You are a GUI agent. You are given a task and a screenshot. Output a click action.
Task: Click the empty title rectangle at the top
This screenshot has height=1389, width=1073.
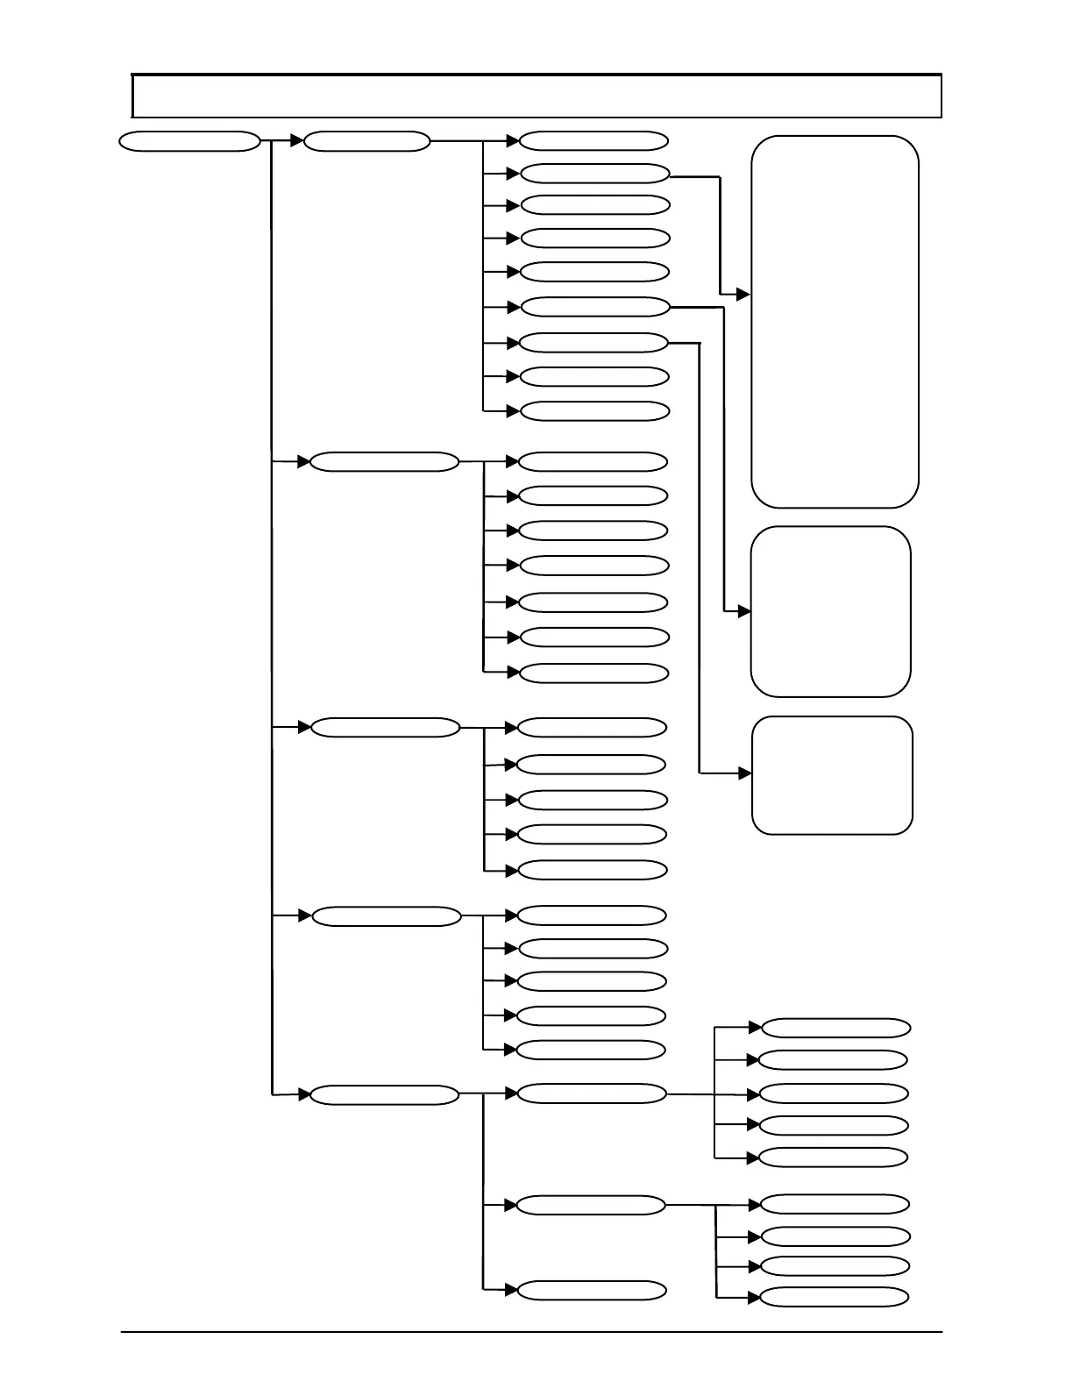pyautogui.click(x=536, y=96)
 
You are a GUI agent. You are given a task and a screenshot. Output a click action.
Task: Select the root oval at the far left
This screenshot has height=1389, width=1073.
pyautogui.click(x=189, y=141)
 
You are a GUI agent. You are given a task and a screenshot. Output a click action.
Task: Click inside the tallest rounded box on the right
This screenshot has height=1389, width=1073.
pyautogui.click(x=835, y=322)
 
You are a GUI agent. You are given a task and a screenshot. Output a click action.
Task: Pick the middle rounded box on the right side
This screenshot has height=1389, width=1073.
pyautogui.click(x=830, y=611)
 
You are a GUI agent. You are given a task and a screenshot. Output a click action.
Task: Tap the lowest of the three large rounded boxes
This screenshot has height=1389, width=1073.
pyautogui.click(x=832, y=775)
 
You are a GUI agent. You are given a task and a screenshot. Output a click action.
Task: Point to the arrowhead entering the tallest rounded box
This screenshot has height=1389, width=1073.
pyautogui.click(x=744, y=296)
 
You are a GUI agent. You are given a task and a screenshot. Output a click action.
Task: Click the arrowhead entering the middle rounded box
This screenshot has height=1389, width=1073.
pyautogui.click(x=744, y=611)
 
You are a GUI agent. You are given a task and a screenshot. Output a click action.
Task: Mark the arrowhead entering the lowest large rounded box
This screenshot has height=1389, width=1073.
pyautogui.click(x=745, y=773)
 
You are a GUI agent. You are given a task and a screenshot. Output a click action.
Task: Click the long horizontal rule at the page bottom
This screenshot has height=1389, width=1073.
pyautogui.click(x=531, y=1333)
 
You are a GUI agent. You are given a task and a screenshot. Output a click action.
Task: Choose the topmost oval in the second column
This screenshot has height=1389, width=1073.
pyautogui.click(x=366, y=141)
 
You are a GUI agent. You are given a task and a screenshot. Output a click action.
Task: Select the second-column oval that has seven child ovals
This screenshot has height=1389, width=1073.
pyautogui.click(x=384, y=462)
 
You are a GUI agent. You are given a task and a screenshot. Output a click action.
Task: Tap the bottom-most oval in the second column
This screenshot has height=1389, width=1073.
pyautogui.click(x=384, y=1095)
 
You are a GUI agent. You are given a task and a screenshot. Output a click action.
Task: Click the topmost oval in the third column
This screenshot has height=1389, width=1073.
pyautogui.click(x=593, y=141)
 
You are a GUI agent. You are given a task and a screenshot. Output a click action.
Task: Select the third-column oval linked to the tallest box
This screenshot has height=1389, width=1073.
pyautogui.click(x=594, y=174)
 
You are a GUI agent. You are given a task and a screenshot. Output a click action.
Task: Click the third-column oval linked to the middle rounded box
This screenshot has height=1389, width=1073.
pyautogui.click(x=594, y=307)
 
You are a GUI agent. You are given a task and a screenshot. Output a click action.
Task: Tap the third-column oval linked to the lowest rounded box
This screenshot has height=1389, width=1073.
pyautogui.click(x=593, y=343)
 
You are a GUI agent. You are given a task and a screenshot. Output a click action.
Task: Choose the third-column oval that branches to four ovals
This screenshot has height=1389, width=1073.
pyautogui.click(x=591, y=1206)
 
